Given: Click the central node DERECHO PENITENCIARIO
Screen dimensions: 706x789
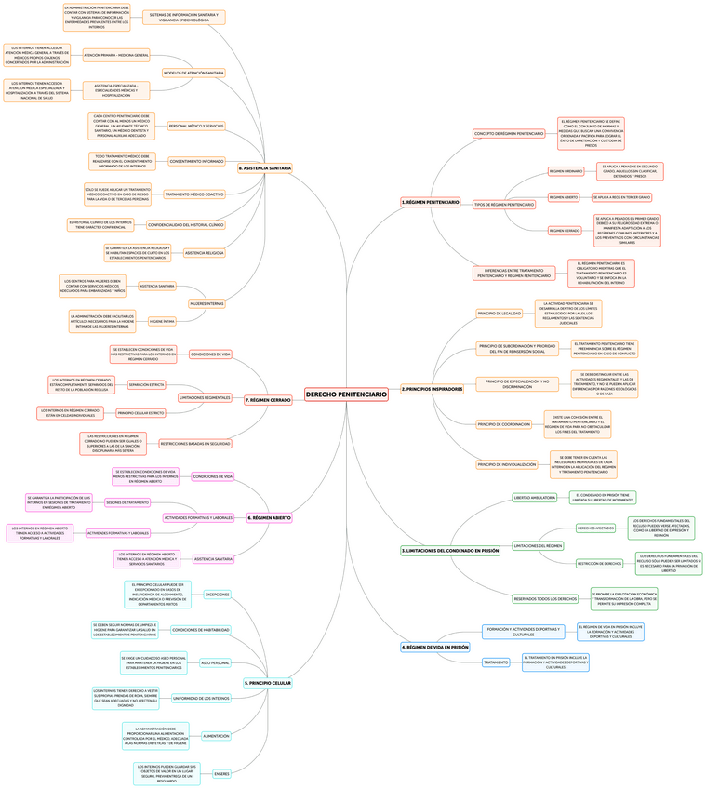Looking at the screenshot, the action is [x=346, y=394].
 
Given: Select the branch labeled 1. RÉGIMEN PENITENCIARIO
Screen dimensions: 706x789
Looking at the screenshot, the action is [x=430, y=202].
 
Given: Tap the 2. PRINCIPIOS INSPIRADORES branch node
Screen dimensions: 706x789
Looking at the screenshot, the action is [x=432, y=389].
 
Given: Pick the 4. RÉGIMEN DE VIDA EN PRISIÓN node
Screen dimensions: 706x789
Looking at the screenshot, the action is [x=435, y=646].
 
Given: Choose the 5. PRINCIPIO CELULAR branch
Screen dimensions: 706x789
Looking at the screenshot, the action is [x=268, y=683].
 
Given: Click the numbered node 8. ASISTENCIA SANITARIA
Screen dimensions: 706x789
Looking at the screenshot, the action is [x=265, y=168].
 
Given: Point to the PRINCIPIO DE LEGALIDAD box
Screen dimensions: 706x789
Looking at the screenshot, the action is [x=500, y=314].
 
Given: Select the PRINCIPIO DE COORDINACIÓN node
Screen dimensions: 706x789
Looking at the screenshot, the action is [x=504, y=424].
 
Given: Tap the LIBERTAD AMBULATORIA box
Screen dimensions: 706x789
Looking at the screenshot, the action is [x=535, y=498].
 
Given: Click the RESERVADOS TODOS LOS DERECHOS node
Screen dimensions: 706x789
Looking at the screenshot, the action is [x=545, y=598].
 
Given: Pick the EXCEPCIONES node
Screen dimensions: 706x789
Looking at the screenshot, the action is [x=217, y=594].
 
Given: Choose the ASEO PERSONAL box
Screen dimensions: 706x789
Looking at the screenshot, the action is [x=215, y=663].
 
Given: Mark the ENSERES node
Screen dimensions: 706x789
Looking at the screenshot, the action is [x=221, y=773].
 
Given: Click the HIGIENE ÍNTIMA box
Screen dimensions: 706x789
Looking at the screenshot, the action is [x=162, y=321].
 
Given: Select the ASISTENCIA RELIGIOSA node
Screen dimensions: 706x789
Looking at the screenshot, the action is [x=204, y=253].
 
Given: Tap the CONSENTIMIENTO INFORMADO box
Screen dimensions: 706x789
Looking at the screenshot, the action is [x=196, y=161].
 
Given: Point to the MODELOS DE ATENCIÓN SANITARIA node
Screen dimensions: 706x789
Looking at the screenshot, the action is [x=193, y=73].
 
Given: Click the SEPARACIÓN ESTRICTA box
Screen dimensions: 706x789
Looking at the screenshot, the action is [x=146, y=384].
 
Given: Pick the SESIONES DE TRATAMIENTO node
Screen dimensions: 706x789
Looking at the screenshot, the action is [x=127, y=502].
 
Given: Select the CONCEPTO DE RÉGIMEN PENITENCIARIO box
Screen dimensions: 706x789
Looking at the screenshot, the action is [x=509, y=134].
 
